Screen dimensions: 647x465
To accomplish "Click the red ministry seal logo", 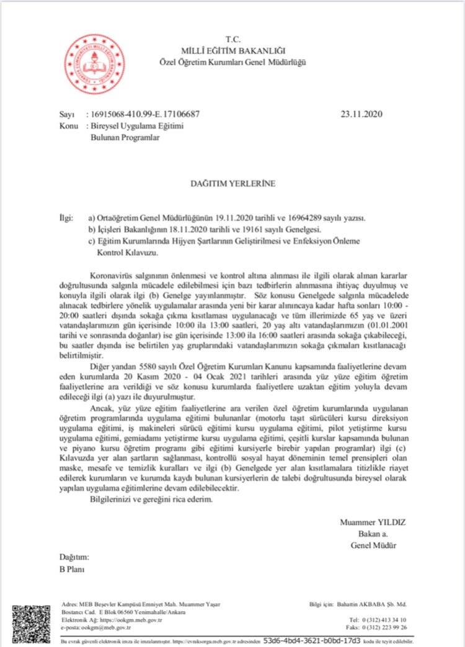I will click(95, 64).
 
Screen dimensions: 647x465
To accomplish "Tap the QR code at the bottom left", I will click(33, 623).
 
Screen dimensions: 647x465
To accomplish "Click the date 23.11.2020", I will click(362, 114).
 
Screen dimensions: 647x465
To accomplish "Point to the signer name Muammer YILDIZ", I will click(373, 522).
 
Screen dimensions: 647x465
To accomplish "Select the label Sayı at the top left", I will click(66, 115).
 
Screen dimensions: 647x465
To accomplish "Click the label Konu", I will click(68, 126).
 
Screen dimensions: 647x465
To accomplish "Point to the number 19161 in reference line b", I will click(258, 230).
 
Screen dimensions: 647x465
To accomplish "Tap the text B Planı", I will click(72, 568).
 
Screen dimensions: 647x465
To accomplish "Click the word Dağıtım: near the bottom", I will click(74, 557).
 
